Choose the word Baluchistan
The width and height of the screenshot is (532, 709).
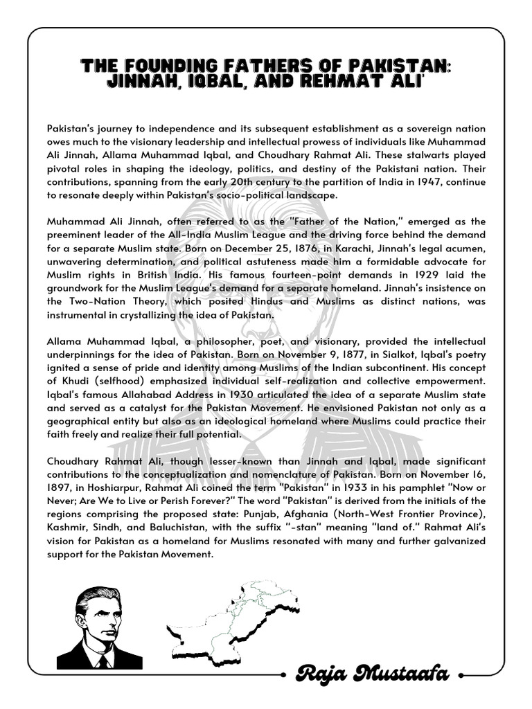tap(174, 528)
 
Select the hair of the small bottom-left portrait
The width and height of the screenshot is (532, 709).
tap(97, 597)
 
